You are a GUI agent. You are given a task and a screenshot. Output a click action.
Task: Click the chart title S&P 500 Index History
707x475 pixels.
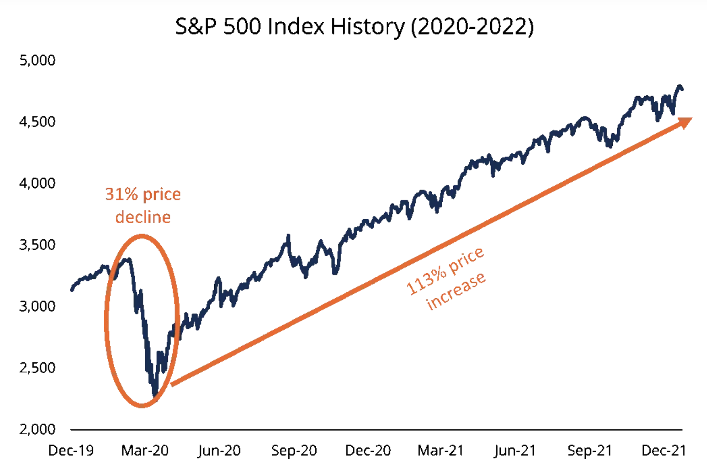point(354,27)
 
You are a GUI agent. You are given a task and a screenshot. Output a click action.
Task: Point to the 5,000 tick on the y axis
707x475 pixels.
point(38,60)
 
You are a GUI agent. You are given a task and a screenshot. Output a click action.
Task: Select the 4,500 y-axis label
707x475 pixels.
point(38,122)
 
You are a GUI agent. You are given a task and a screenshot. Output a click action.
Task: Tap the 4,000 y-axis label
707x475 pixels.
point(38,183)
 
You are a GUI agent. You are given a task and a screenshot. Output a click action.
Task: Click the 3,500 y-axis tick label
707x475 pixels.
point(38,245)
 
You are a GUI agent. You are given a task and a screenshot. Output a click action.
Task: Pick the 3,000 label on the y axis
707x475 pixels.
point(38,306)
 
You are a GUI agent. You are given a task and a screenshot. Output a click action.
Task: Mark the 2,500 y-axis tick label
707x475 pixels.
point(38,368)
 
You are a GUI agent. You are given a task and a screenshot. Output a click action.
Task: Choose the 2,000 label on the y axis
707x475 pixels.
point(38,430)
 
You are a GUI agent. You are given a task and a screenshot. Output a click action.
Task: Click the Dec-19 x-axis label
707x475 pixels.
point(71,451)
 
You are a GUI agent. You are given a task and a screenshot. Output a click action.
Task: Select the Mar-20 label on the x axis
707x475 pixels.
point(145,451)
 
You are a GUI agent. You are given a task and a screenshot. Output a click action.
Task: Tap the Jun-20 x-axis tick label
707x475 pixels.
point(219,451)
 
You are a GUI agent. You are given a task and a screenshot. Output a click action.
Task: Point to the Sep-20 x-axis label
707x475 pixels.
point(294,451)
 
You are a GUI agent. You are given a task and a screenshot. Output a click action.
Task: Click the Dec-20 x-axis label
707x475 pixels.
point(368,451)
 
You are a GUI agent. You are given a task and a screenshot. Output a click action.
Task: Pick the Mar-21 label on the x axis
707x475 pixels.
point(441,451)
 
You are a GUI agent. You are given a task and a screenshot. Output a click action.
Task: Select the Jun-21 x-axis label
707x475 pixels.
point(515,451)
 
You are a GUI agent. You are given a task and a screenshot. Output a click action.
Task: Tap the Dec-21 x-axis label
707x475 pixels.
point(663,451)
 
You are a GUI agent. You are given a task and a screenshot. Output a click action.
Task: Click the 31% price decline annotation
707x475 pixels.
point(143,206)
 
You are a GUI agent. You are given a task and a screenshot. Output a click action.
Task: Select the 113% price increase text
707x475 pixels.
point(446,279)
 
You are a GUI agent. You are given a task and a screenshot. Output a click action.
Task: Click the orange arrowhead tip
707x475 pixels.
point(691,119)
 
